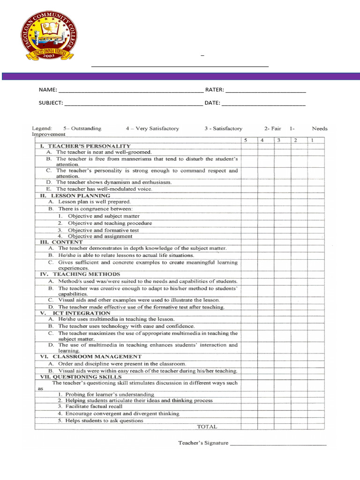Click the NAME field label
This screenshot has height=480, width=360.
pyautogui.click(x=47, y=90)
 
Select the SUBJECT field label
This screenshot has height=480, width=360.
pyautogui.click(x=51, y=103)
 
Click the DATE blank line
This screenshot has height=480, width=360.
pyautogui.click(x=263, y=104)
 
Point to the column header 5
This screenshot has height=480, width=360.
pyautogui.click(x=245, y=140)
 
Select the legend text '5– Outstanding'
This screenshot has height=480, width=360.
pyautogui.click(x=82, y=128)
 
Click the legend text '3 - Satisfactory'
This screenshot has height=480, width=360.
pyautogui.click(x=223, y=128)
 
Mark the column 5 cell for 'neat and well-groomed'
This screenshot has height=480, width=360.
pyautogui.click(x=249, y=152)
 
